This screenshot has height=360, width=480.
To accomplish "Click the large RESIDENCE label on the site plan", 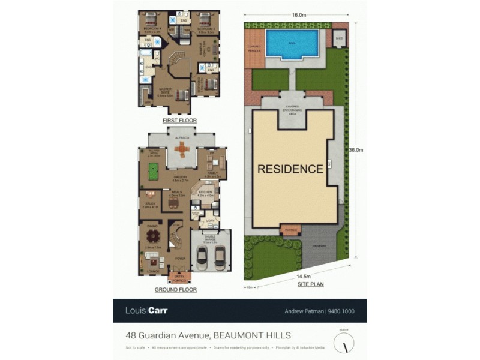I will coord(290,169).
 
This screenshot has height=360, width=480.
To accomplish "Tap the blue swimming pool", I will coord(292,43).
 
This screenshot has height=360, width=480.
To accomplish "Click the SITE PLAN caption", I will coord(311,284).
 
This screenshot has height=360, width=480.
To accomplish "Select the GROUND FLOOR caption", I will coord(176,289).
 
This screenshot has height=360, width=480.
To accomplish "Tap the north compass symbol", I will coord(344,343).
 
